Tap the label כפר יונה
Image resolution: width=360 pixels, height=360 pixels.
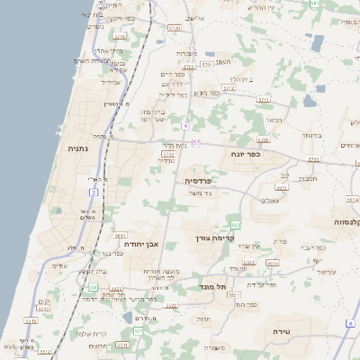pos(246,154)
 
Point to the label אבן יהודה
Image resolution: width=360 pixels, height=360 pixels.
pos(140,243)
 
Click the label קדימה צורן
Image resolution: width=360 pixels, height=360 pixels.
pos(215,238)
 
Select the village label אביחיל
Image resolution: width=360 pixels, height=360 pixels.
pos(111,81)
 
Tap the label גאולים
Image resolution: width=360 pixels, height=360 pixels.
pos(271,200)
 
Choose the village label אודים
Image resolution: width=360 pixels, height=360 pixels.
pos(60,265)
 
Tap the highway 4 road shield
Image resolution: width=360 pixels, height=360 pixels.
pos(184,125)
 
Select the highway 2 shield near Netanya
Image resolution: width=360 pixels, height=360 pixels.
pos(94,192)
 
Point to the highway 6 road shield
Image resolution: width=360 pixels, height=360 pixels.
pos(349,322)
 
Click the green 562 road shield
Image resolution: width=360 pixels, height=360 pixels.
pos(236,222)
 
